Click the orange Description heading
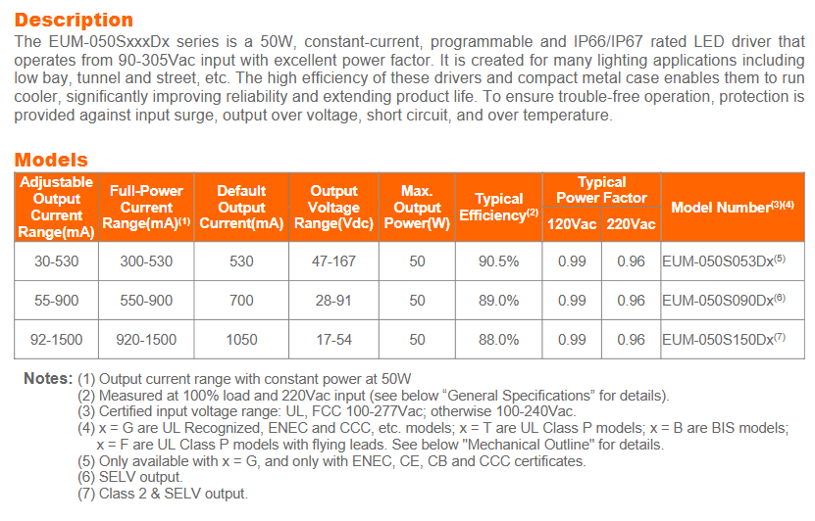tap(75, 20)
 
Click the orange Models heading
tap(51, 160)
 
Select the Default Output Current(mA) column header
tap(241, 207)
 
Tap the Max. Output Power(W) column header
tap(417, 207)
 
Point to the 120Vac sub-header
tap(572, 224)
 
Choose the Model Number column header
tap(732, 207)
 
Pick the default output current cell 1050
tap(241, 340)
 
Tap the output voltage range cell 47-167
tap(333, 261)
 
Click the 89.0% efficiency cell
tap(498, 301)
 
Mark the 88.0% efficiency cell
tap(498, 340)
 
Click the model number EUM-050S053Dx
tap(724, 261)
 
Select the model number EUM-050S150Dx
tap(724, 340)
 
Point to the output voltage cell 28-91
tap(333, 301)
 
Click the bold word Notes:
tap(48, 378)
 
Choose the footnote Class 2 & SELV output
tap(173, 494)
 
